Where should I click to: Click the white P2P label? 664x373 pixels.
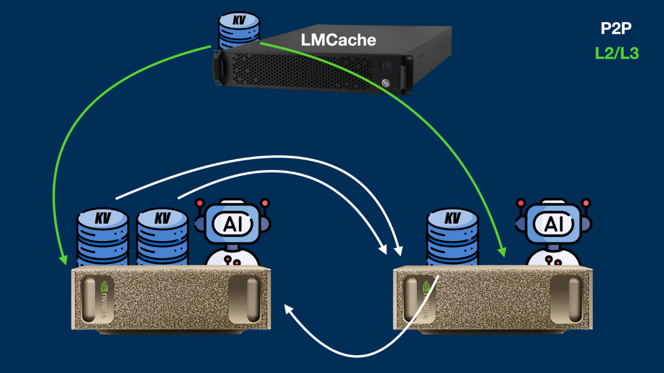click(616, 28)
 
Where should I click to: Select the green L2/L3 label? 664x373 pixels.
click(617, 53)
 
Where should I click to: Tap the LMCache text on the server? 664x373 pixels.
click(339, 40)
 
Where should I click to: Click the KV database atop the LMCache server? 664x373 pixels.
click(239, 31)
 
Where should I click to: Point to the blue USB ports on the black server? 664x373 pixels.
click(386, 65)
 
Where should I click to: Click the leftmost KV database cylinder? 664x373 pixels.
click(103, 237)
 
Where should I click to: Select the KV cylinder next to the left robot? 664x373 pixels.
click(162, 237)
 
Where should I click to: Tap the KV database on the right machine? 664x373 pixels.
click(452, 237)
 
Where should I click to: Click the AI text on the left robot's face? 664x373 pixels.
click(233, 224)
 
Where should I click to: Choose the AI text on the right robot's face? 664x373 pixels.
click(554, 224)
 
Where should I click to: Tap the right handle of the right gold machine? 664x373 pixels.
click(566, 299)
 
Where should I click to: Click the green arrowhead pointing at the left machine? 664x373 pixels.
click(63, 260)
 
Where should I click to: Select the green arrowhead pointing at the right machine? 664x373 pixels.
click(502, 251)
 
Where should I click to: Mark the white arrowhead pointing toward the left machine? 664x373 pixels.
click(288, 310)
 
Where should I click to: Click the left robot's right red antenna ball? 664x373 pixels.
click(265, 203)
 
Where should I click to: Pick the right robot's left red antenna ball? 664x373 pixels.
click(521, 203)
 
